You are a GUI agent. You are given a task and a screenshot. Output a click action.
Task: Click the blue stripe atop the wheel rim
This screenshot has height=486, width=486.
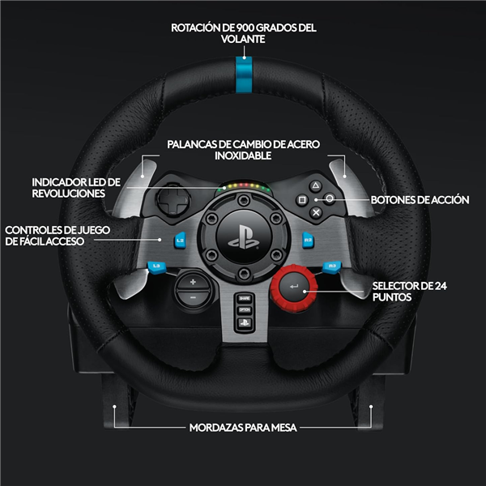click(x=244, y=75)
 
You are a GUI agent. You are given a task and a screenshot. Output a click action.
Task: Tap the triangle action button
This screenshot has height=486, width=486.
click(x=316, y=186)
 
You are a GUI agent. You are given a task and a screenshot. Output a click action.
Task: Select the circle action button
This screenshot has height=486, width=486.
click(x=330, y=198)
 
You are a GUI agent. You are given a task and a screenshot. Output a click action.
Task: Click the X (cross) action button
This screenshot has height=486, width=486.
click(x=316, y=212)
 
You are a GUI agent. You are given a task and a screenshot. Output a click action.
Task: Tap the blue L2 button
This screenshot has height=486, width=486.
click(x=180, y=241)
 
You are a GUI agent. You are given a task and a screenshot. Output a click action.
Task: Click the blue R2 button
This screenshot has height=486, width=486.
click(x=308, y=241)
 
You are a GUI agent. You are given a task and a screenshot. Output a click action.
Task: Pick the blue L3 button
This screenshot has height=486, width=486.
click(x=156, y=267)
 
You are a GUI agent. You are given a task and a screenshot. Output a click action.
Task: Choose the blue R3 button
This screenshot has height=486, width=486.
click(x=332, y=267)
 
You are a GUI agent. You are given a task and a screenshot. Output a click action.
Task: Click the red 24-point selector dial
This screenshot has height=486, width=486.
click(x=294, y=288)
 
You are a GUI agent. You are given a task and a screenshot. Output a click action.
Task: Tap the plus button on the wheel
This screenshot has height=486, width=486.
click(x=193, y=282)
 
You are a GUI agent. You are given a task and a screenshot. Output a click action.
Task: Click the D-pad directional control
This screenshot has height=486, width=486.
click(x=173, y=199)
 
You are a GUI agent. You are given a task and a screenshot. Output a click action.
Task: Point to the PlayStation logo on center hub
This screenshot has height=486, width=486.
click(x=244, y=237)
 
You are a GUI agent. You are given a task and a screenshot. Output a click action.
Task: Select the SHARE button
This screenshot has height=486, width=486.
click(x=245, y=298)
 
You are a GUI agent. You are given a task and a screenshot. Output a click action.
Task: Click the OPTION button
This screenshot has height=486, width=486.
click(x=245, y=310)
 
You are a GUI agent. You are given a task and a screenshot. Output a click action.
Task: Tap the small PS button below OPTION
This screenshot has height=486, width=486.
click(x=245, y=323)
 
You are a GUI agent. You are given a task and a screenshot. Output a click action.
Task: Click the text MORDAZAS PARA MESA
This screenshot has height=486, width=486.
click(x=243, y=428)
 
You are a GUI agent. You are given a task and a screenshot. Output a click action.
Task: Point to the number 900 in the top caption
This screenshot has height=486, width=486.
click(x=245, y=28)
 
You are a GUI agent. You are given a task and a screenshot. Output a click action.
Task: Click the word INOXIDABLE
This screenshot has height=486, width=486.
click(x=243, y=156)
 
